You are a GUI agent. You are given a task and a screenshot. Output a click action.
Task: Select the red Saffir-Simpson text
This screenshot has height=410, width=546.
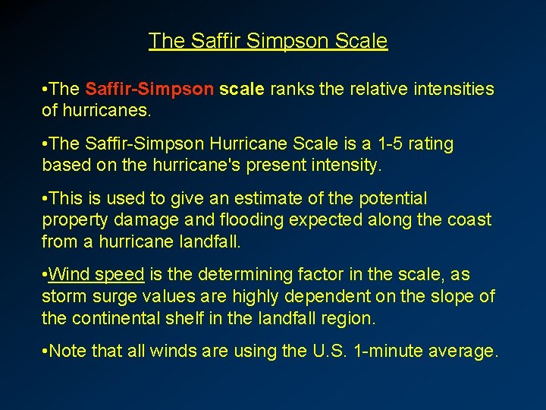(x=149, y=90)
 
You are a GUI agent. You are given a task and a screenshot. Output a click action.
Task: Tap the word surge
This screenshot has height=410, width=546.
(x=117, y=296)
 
